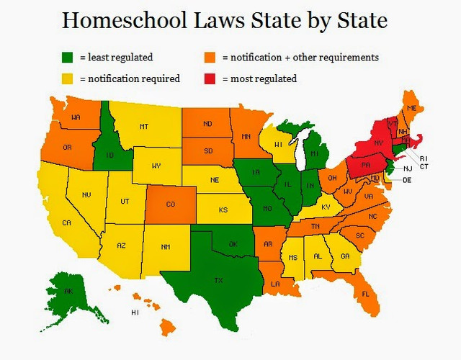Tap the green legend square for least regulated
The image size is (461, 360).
(68, 57)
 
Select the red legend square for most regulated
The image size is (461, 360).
(211, 78)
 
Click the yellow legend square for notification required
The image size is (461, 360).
(68, 78)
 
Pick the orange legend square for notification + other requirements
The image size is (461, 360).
(211, 57)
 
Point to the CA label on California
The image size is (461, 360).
(66, 223)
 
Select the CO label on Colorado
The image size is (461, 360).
(170, 204)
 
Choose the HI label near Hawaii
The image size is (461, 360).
(134, 313)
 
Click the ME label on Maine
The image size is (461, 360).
(411, 108)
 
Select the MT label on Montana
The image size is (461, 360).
(144, 127)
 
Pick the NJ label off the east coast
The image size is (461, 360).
(407, 168)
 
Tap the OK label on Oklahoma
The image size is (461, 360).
(232, 244)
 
